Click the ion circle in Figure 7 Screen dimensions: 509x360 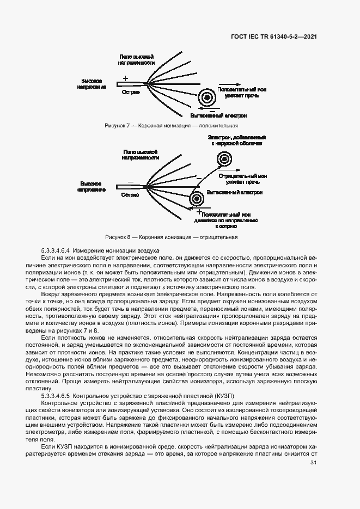click(207, 97)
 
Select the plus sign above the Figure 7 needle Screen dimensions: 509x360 click(126, 78)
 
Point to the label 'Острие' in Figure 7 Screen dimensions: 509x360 click(131, 92)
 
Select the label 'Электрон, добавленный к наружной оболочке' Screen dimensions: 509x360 click(236, 141)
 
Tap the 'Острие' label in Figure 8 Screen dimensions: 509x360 click(130, 195)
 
